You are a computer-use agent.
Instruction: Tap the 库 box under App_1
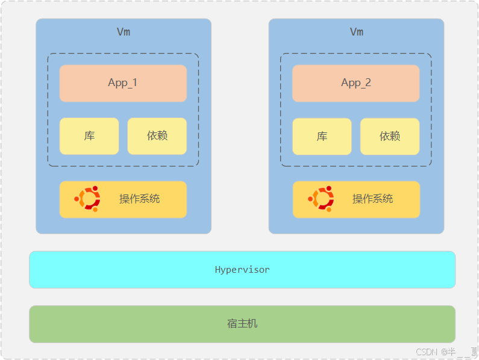tap(89, 136)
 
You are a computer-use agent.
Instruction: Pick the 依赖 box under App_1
tap(157, 136)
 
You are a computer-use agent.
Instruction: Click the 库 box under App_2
tap(322, 137)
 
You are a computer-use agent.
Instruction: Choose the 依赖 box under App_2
tap(390, 137)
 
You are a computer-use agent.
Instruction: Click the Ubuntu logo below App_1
tap(87, 199)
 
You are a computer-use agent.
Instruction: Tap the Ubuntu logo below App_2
tap(321, 199)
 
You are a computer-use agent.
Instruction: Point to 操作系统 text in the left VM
tap(139, 199)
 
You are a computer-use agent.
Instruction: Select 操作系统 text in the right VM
tap(372, 199)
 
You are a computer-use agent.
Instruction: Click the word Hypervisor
tap(242, 270)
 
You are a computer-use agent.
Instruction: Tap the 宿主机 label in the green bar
tap(242, 324)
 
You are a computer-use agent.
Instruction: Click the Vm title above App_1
tap(124, 32)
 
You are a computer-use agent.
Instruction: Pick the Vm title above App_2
tap(357, 32)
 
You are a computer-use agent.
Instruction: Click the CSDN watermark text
tap(426, 352)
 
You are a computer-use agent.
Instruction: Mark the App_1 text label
tap(123, 83)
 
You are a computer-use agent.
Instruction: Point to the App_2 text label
tap(356, 83)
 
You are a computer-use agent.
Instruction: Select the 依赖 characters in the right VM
tap(390, 137)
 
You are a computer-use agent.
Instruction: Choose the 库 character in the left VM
tap(89, 136)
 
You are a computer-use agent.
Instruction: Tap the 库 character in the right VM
tap(322, 137)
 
